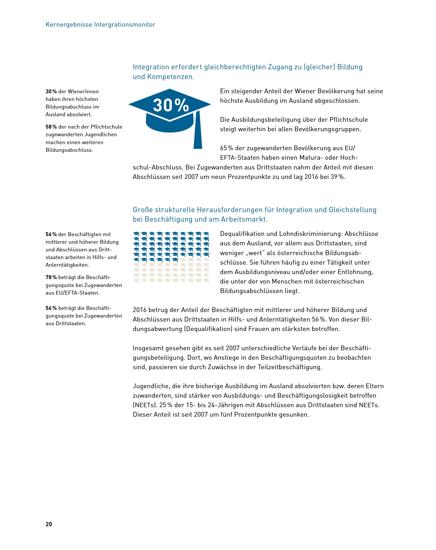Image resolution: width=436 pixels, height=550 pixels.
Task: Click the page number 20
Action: point(49,524)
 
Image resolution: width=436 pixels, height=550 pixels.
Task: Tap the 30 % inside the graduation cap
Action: point(171,105)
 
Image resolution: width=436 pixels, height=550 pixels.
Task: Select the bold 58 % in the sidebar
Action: point(51,127)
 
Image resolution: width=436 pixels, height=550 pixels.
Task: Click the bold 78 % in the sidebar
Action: point(51,277)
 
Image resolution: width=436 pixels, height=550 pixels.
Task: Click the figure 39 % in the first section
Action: point(338,177)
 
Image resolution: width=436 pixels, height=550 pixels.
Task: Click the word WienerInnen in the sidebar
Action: point(83,91)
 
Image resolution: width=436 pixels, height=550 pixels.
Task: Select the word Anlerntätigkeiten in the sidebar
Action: point(67,265)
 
